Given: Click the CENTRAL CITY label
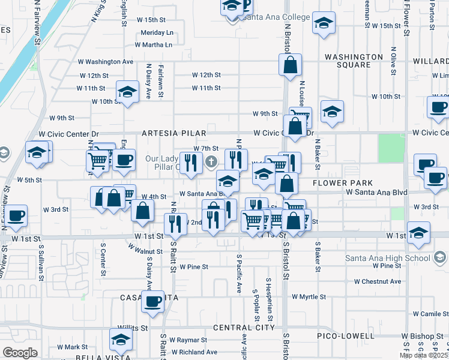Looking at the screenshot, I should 244,328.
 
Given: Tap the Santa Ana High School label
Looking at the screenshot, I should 387,258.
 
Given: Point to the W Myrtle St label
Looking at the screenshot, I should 309,296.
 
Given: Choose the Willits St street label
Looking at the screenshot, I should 133,328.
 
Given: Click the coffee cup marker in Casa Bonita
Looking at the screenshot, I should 152,301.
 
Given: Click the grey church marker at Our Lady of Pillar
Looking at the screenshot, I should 211,161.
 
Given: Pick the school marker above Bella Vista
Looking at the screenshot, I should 121,340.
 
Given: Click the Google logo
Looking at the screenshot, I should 20,352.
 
